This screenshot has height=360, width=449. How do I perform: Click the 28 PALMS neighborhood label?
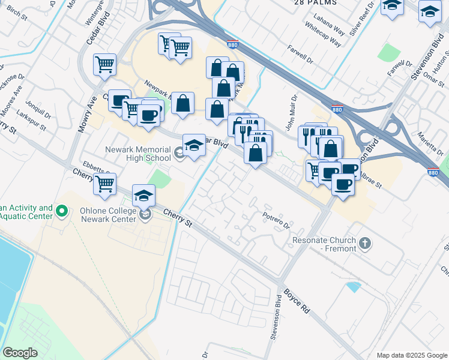tap(315, 3)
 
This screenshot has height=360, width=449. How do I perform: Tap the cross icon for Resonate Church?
tap(365, 244)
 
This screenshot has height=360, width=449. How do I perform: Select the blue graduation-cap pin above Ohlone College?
tap(144, 196)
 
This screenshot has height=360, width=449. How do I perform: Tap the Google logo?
tap(20, 352)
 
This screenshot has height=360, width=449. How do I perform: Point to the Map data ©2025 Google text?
tap(411, 355)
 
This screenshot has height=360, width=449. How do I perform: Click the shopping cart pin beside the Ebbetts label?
tap(105, 184)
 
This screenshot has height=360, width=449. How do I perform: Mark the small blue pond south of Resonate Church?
tap(354, 287)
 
